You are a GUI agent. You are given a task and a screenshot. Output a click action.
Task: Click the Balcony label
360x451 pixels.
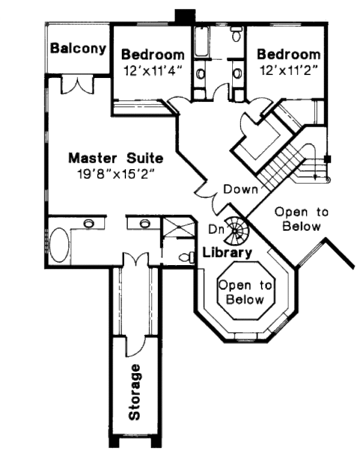tap(78, 48)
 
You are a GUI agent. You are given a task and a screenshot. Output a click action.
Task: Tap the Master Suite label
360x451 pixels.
tap(115, 159)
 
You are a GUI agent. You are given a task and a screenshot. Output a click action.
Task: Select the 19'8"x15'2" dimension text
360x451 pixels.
tap(115, 176)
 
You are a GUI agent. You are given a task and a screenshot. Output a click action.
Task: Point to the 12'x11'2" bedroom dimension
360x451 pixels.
tap(288, 70)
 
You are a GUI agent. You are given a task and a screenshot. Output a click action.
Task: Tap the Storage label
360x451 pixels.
tap(136, 391)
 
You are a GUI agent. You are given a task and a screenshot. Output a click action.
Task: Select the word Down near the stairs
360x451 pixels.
tap(241, 189)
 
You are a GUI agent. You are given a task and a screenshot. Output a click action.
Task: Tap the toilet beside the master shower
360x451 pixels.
tap(187, 257)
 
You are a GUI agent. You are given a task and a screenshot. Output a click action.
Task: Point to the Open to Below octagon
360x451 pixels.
tap(244, 293)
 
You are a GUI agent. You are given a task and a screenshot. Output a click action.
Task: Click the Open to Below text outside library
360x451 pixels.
tap(302, 219)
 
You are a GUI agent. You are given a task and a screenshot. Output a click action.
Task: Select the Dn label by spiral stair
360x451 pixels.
tap(215, 228)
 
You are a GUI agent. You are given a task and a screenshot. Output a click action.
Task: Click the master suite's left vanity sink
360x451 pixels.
tap(89, 223)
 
